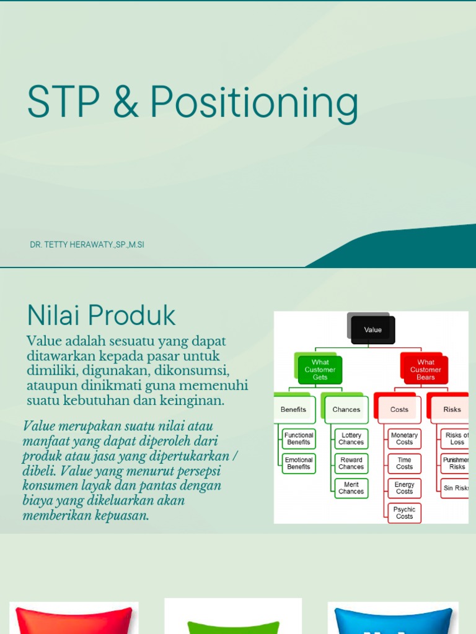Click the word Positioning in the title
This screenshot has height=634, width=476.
click(x=254, y=103)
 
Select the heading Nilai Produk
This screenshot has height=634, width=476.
click(x=102, y=316)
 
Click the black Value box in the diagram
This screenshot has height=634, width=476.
click(x=372, y=330)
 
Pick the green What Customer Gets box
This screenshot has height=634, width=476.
click(x=320, y=370)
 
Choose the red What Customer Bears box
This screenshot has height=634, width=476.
click(x=425, y=370)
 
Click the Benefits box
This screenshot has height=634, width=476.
click(x=294, y=409)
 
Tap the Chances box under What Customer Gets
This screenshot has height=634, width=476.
click(x=346, y=409)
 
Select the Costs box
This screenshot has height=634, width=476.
click(x=399, y=409)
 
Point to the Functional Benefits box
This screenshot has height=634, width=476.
click(x=299, y=439)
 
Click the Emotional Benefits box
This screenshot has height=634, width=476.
click(x=299, y=463)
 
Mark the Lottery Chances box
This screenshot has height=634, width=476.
click(x=351, y=439)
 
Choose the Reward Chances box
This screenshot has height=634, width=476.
click(x=351, y=463)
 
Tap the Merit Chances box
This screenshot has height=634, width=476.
click(x=351, y=488)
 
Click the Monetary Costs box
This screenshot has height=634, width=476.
click(x=404, y=439)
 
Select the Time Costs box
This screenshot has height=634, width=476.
click(x=404, y=463)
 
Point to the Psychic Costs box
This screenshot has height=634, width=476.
click(x=404, y=513)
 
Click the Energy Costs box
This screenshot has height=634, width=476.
click(x=404, y=488)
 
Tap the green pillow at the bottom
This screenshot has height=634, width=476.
click(x=233, y=625)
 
